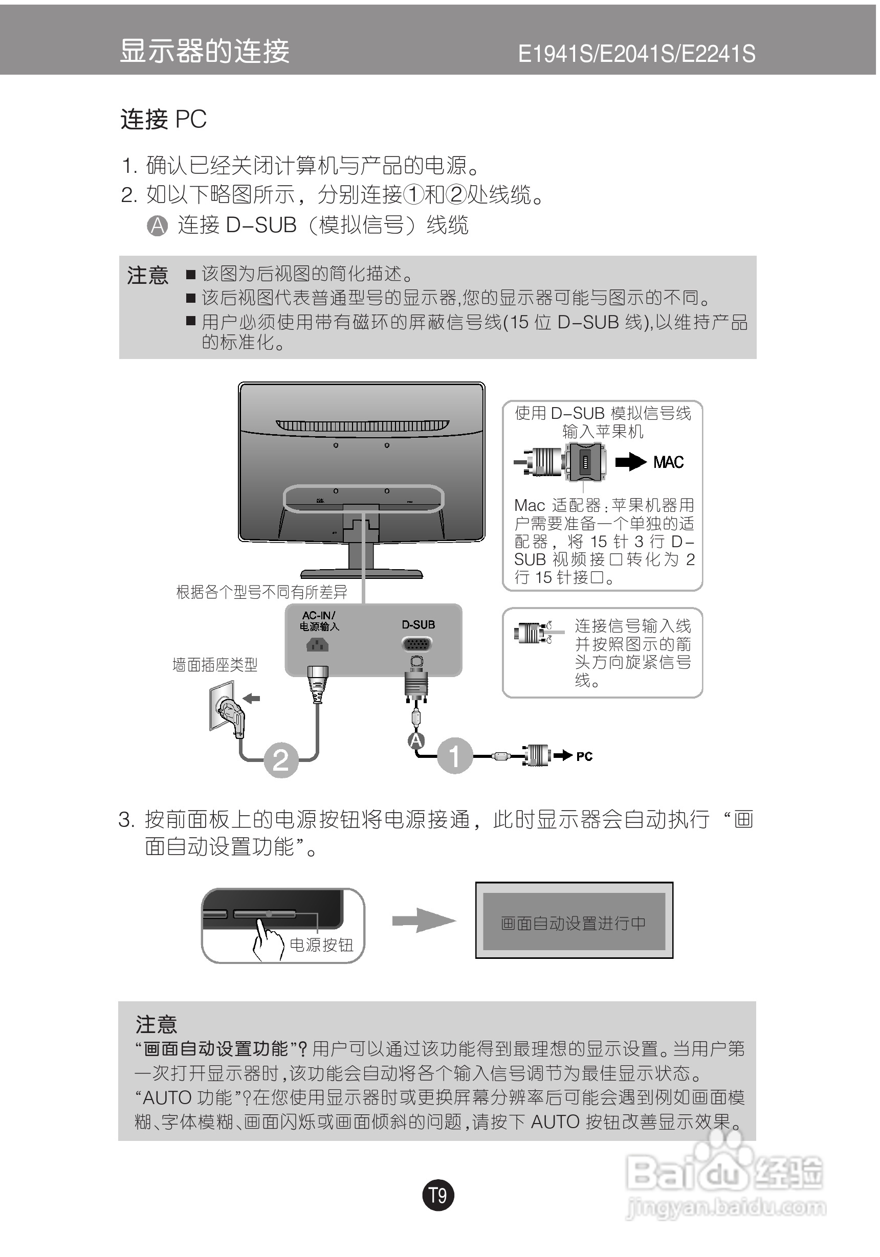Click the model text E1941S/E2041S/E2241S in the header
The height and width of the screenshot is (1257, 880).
pos(636,54)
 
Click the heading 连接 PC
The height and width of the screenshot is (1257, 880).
pos(163,119)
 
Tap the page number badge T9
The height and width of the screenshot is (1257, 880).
pos(437,1195)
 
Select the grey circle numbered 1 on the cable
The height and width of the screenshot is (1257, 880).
pos(454,755)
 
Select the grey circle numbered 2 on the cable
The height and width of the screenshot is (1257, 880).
pos(281,760)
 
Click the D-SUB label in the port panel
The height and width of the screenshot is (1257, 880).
pos(419,625)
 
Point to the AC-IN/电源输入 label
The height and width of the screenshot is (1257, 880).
pos(319,621)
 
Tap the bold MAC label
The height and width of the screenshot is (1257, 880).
pos(668,463)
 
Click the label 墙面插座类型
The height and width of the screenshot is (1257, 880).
pos(215,665)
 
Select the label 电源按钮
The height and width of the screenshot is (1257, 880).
pos(321,945)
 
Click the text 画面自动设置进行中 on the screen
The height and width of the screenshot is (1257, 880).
pos(573,924)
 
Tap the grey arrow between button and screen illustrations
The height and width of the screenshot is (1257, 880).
pos(423,921)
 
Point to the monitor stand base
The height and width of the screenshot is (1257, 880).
pos(361,574)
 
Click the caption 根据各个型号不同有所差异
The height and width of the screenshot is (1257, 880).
pos(261,592)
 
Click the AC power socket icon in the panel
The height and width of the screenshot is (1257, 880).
pos(317,645)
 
